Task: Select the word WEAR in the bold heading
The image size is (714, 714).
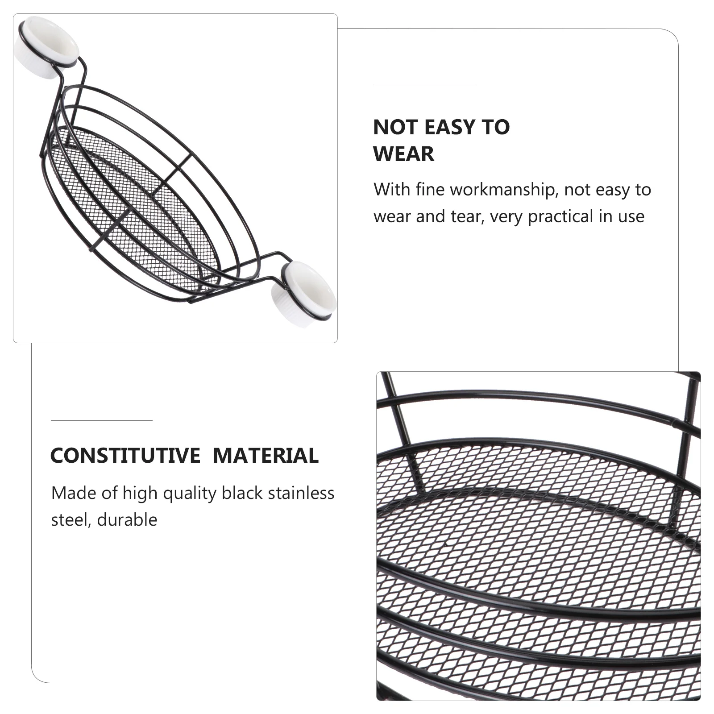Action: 403,154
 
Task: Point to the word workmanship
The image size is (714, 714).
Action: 504,190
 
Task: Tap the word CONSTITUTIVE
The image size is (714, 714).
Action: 125,456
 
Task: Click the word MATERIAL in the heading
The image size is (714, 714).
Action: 266,456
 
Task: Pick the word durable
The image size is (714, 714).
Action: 127,520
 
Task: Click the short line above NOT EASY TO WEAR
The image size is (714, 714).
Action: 424,84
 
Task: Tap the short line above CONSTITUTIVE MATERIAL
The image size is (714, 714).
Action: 101,420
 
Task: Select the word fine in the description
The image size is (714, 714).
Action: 430,190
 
